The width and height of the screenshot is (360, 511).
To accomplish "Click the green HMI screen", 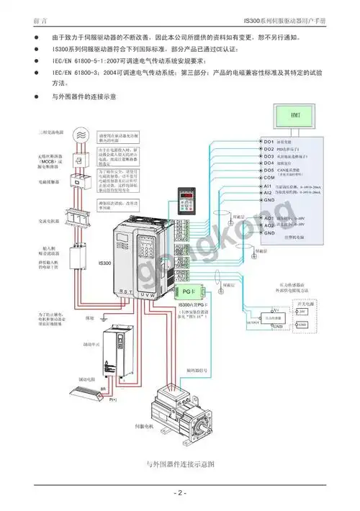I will point(294,115).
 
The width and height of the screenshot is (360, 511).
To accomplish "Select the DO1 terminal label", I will point(269,141).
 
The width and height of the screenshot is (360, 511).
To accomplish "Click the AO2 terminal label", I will point(269,225).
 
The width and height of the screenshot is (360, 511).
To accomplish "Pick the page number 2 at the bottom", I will point(180,493).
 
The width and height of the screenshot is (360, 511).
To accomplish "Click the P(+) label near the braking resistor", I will point(113,399).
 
